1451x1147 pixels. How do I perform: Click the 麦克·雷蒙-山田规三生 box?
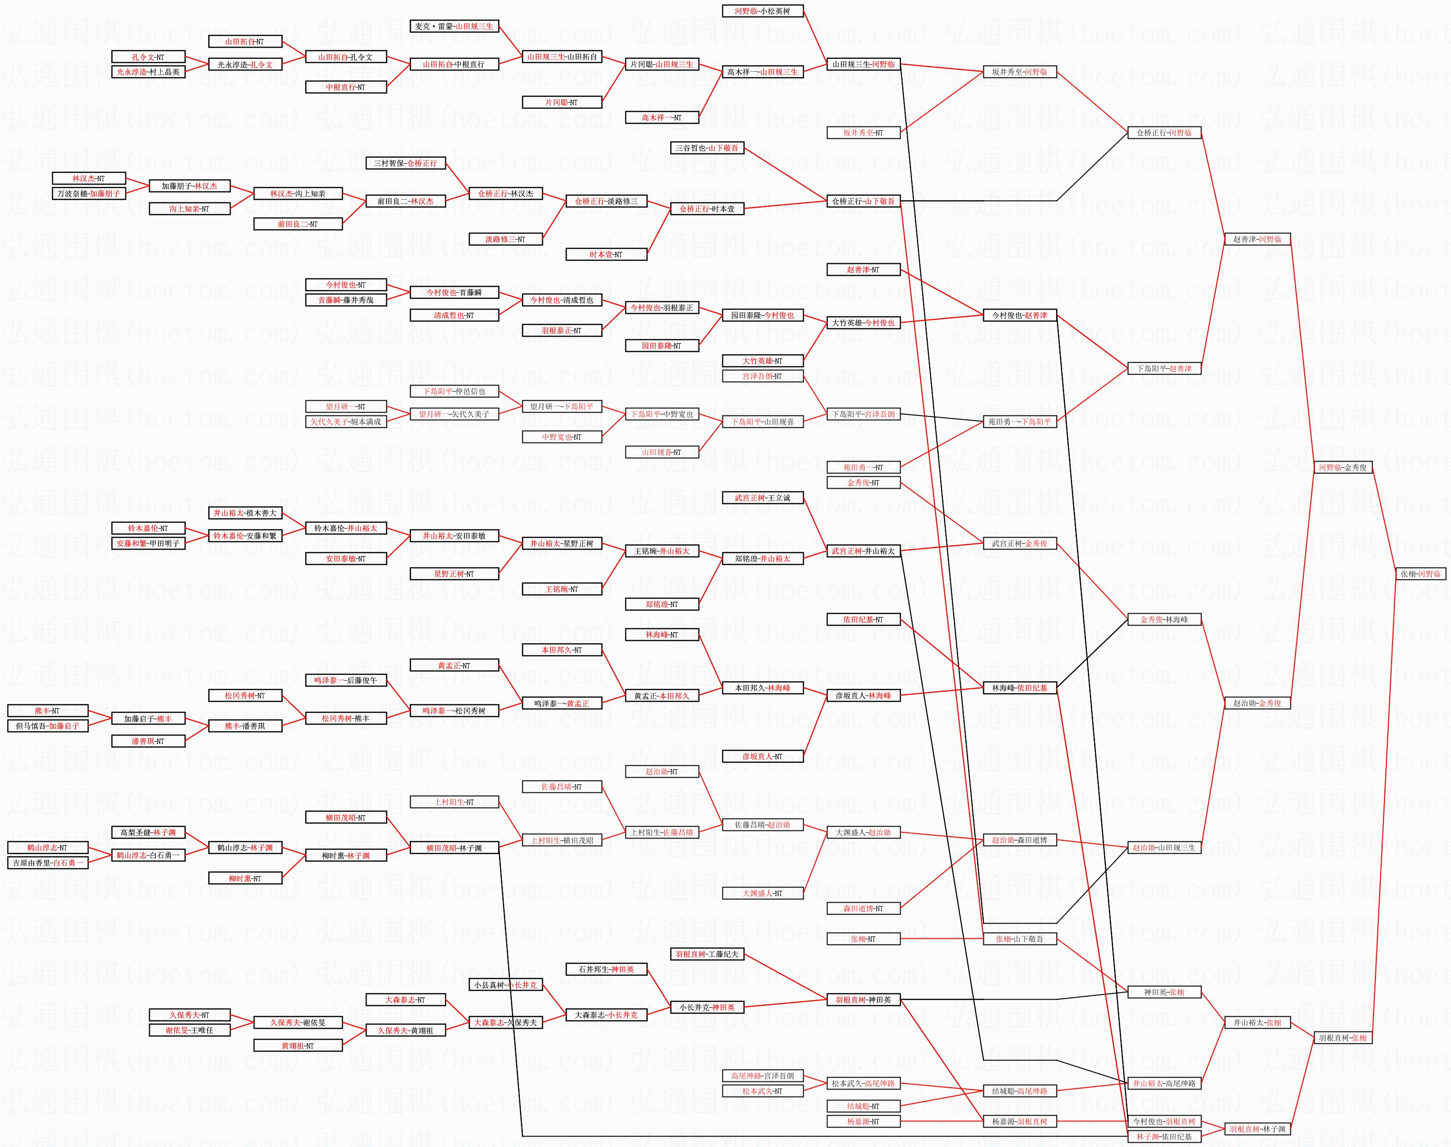[x=454, y=26]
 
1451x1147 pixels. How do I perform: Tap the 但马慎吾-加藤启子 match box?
[x=48, y=726]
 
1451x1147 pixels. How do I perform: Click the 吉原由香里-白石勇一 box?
[x=48, y=863]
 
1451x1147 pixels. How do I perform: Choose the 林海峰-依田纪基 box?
[x=1019, y=688]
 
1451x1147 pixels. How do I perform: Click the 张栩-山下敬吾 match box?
[x=1019, y=939]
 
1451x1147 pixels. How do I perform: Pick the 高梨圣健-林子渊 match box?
[x=148, y=833]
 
